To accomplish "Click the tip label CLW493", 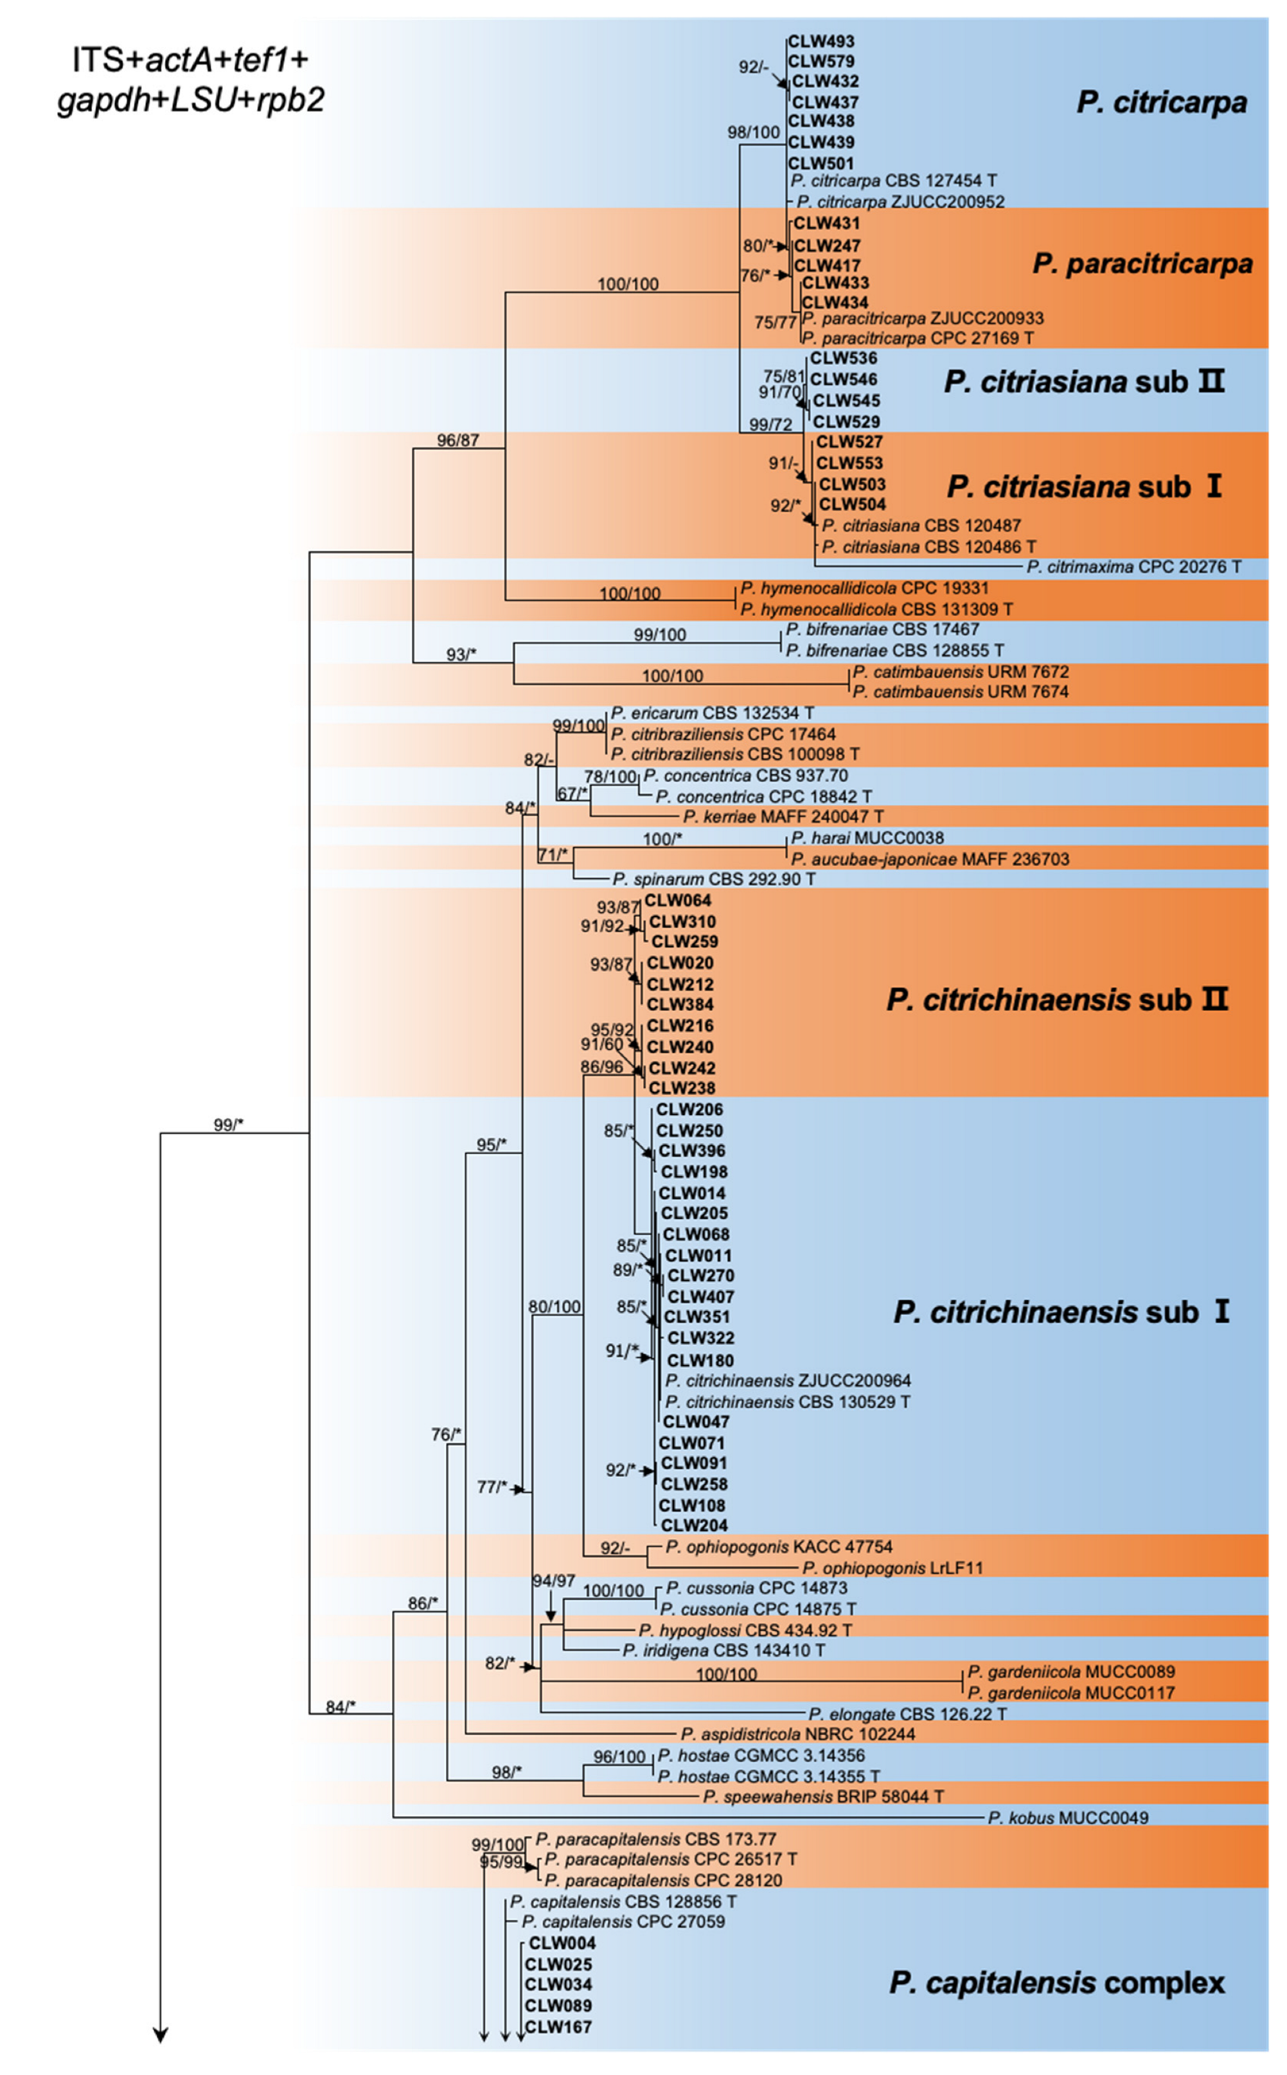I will click(x=821, y=41).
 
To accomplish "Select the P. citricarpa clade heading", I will click(x=1161, y=102).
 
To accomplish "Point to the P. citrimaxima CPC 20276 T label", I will click(x=1133, y=567).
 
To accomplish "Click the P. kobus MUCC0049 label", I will click(x=1067, y=1818).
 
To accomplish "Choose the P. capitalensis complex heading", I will click(x=1056, y=1982).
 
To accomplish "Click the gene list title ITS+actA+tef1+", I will click(x=190, y=60).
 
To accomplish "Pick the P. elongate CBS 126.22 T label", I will click(x=907, y=1714).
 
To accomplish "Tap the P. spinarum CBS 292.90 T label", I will click(x=713, y=879).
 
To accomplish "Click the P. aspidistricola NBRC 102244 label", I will click(x=797, y=1734).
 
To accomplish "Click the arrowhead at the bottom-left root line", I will click(x=160, y=2034).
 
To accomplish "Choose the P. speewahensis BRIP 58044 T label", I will click(x=823, y=1797).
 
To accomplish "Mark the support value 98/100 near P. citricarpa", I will click(x=753, y=132).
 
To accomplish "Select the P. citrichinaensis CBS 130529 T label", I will click(x=787, y=1402).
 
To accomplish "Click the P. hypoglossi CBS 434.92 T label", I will click(x=745, y=1630).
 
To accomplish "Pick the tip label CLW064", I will click(x=677, y=900).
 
